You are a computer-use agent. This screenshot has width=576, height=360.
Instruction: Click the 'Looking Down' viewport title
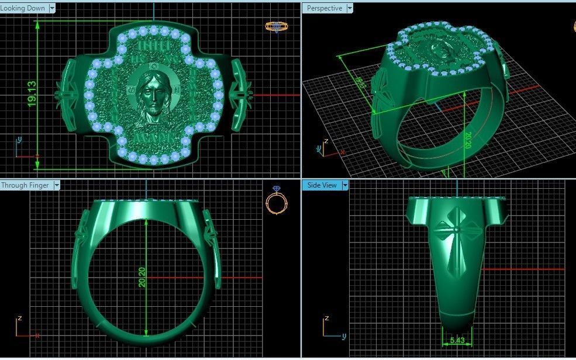point(22,8)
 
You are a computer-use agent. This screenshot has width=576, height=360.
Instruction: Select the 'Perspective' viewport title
point(325,8)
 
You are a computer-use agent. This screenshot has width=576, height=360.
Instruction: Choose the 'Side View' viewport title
point(322,185)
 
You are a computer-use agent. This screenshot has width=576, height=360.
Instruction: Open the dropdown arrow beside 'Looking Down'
point(52,8)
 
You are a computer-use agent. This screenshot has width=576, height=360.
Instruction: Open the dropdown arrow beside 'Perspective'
point(350,8)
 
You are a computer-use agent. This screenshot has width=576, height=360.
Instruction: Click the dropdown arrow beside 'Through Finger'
point(57,185)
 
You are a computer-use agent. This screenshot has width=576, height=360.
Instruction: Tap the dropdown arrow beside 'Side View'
point(345,185)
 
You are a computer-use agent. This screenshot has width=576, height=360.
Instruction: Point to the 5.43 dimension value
point(457,340)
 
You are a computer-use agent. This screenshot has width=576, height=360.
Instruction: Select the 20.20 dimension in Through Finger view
point(142,276)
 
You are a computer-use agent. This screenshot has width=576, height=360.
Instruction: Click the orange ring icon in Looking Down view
point(274,26)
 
